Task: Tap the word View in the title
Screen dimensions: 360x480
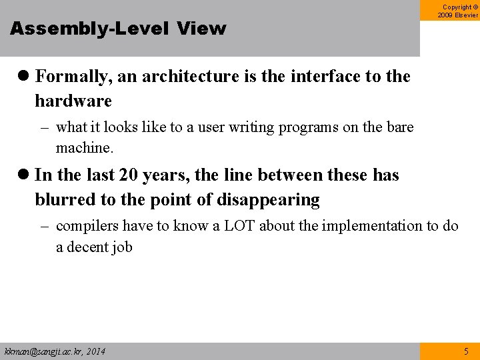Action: click(202, 29)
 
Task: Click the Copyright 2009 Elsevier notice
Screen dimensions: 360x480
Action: click(457, 11)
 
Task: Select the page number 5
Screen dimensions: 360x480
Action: click(466, 351)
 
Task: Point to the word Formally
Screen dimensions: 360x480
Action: click(73, 77)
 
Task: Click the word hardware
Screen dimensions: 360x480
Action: click(73, 101)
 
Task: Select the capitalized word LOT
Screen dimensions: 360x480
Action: click(239, 226)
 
